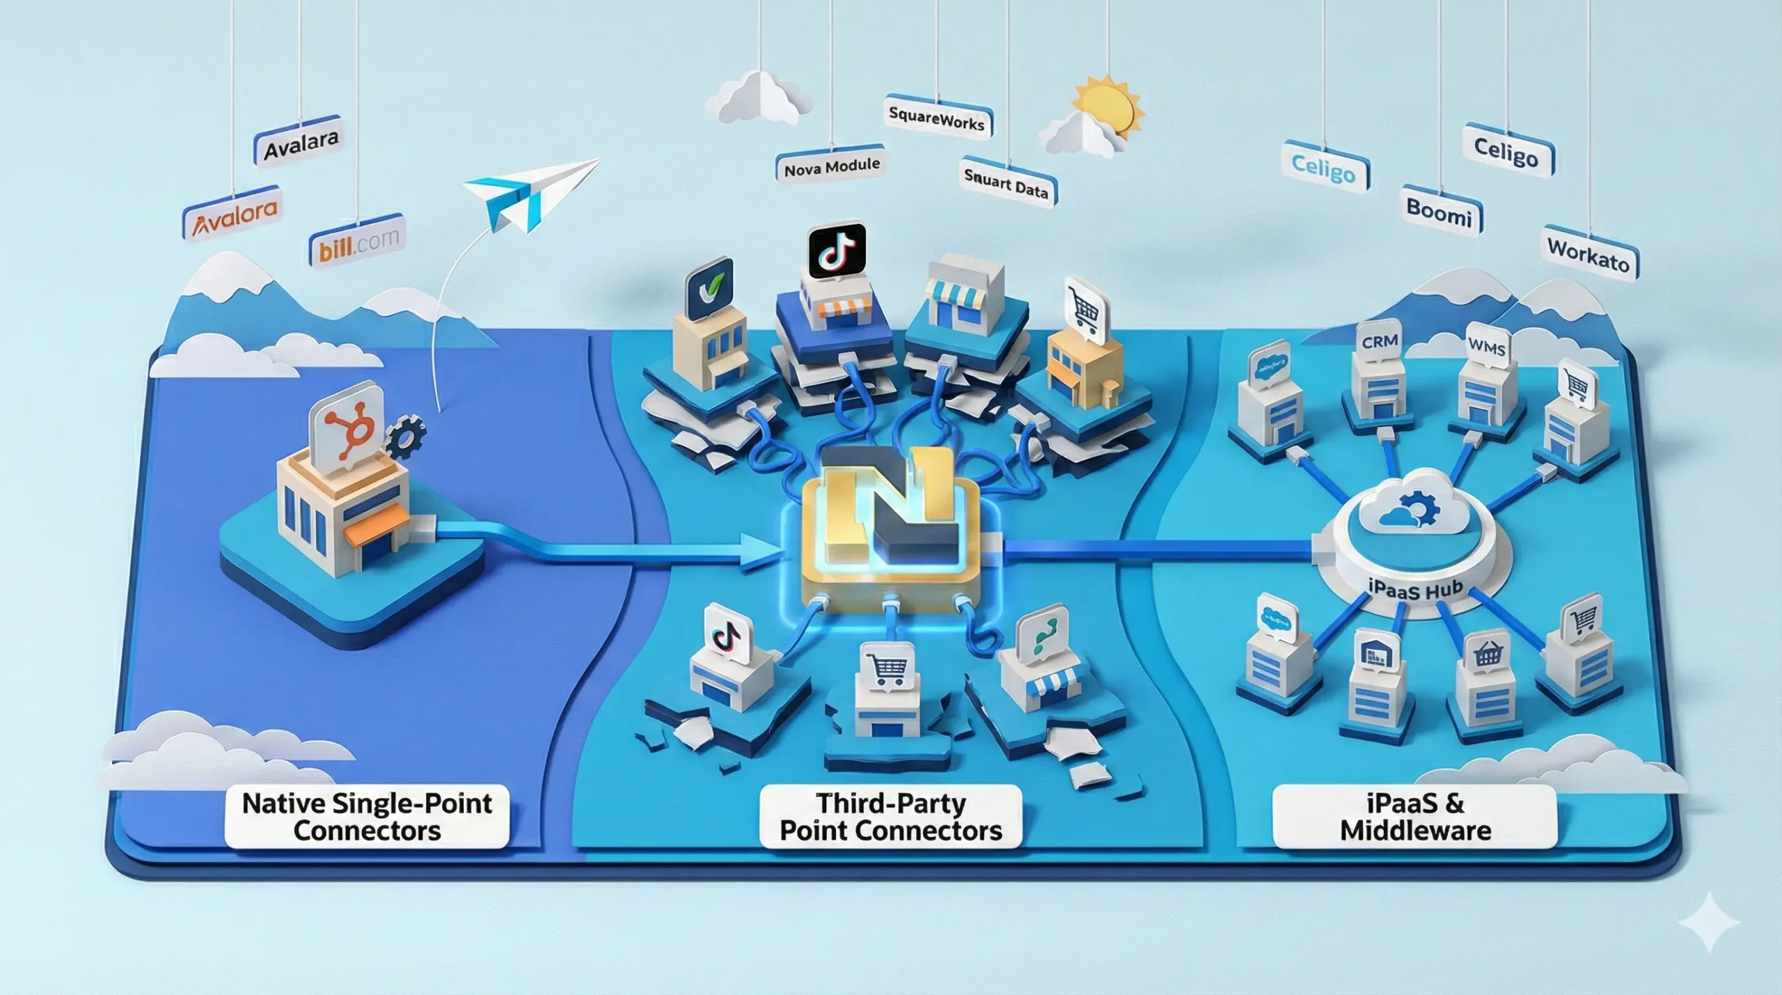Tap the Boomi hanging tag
[x=1440, y=211]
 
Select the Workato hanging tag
[x=1590, y=254]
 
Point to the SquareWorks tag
[x=938, y=119]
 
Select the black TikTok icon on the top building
[x=837, y=250]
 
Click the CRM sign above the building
[x=1379, y=342]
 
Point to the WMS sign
[x=1487, y=346]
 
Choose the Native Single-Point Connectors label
[x=367, y=817]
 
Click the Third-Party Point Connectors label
[x=891, y=817]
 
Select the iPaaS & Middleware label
[x=1415, y=817]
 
